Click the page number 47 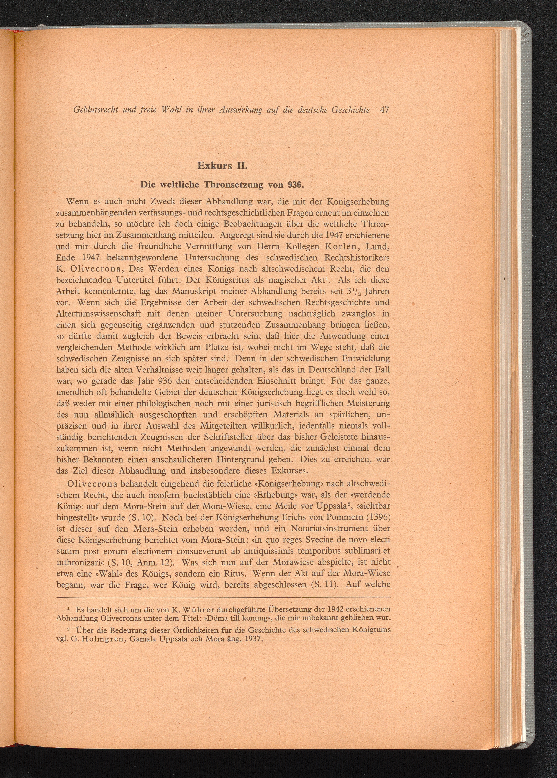click(384, 110)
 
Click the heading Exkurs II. click(222, 166)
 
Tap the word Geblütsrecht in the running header click(96, 110)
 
